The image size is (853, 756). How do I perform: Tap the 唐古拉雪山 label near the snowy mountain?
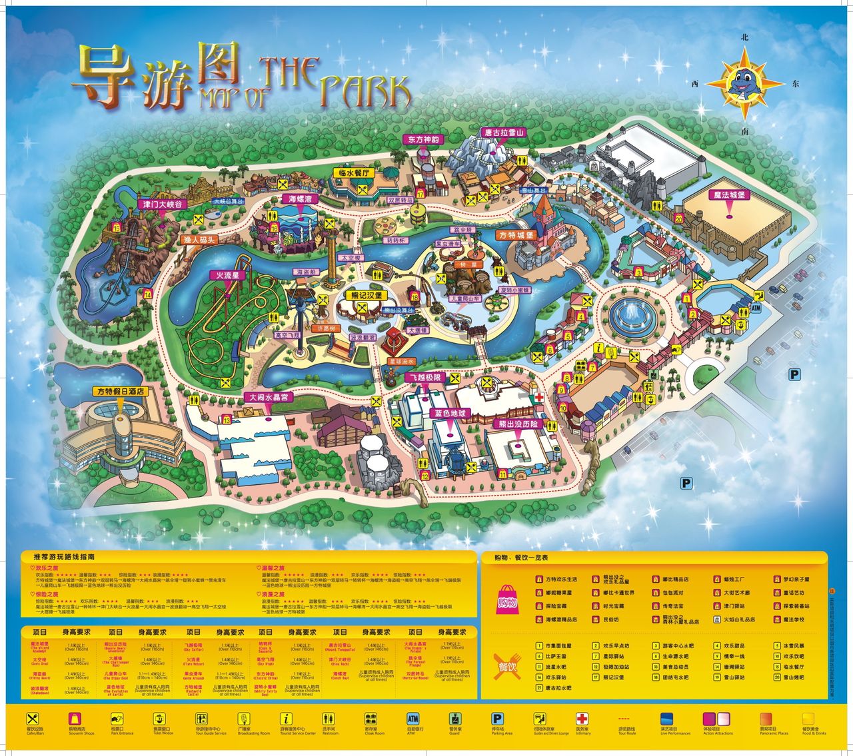[504, 132]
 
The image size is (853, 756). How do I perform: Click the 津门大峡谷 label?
[161, 204]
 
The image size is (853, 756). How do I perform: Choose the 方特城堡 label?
[516, 235]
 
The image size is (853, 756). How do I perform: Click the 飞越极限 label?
[424, 377]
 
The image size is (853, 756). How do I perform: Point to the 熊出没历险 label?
[518, 424]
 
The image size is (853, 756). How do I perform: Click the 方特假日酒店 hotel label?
[121, 392]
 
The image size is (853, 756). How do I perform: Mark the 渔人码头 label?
[199, 240]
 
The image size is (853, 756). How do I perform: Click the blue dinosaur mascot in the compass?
[745, 83]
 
